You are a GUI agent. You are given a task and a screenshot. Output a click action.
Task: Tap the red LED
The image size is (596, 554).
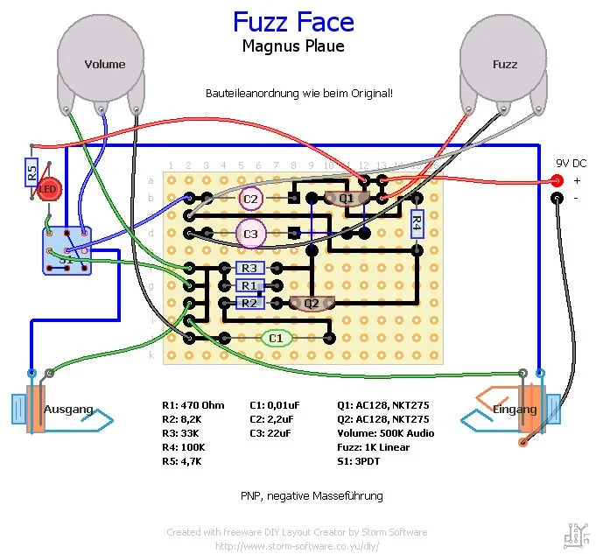point(47,190)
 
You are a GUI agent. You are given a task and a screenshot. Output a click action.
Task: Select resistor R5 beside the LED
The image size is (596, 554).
point(32,172)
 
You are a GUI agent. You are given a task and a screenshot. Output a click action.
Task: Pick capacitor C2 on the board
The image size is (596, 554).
point(251,199)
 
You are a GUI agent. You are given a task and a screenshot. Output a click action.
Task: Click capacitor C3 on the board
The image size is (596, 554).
point(251,234)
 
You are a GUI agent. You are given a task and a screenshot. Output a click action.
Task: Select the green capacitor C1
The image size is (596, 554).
point(276,338)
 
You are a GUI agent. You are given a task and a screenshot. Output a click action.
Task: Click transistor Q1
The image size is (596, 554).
point(347,199)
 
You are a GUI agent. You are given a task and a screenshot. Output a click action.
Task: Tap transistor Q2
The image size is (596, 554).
point(311,303)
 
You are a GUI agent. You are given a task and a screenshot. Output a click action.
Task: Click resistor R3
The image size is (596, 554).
point(249,268)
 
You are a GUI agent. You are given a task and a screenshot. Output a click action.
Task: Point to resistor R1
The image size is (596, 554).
point(249,285)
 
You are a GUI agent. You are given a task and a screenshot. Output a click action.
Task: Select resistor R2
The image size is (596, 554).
point(249,303)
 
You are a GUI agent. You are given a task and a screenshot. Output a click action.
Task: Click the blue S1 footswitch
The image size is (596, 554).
point(67,251)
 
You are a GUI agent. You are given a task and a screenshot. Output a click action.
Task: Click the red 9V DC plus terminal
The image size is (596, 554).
point(556,181)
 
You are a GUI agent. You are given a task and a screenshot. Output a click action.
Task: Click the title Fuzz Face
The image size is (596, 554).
point(293,22)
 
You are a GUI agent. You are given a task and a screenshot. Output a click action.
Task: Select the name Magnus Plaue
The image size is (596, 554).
point(293,46)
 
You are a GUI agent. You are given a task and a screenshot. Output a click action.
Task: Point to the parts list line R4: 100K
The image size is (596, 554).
point(184,447)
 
